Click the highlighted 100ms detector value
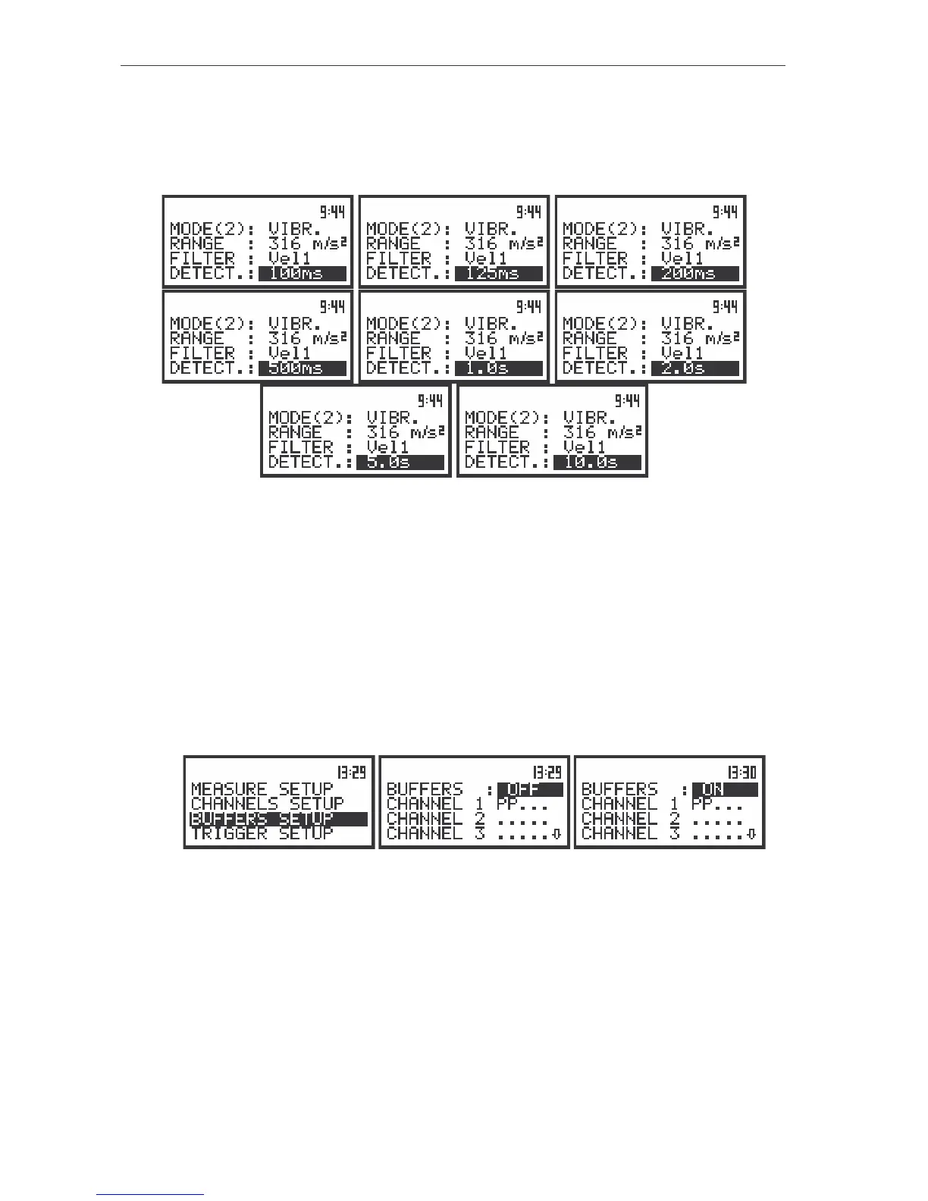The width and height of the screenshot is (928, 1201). point(302,274)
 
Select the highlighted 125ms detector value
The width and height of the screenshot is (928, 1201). point(499,274)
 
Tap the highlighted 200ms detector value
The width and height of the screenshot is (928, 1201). point(694,274)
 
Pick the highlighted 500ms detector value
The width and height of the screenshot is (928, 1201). point(302,368)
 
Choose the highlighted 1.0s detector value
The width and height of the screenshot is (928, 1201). point(499,368)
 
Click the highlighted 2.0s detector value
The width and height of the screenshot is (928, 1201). point(694,368)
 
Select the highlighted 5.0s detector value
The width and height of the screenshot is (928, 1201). point(400,463)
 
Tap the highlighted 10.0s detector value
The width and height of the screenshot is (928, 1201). point(597,463)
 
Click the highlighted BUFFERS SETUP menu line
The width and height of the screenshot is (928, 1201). point(278,819)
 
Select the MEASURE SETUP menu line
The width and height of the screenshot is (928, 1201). point(262,789)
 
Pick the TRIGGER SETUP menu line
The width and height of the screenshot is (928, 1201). point(262,833)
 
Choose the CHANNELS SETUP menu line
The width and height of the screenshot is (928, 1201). point(268,804)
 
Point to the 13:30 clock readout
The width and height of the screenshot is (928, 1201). point(742,773)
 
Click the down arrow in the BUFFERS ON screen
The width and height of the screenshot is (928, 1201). point(751,835)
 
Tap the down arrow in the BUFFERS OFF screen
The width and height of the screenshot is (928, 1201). point(556,835)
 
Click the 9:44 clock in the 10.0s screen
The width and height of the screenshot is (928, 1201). point(627,400)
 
